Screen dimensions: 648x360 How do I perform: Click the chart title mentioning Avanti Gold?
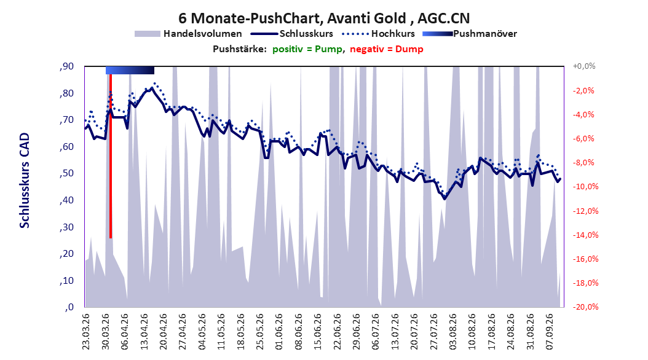(324, 18)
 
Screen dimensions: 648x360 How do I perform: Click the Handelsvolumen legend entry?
(189, 34)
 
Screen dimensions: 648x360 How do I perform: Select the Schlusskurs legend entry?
(292, 34)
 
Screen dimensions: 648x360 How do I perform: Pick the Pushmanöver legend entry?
(470, 34)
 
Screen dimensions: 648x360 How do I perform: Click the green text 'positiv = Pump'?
(307, 49)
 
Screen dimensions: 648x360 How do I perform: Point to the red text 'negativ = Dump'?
(387, 49)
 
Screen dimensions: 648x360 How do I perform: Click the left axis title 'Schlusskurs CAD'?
(25, 181)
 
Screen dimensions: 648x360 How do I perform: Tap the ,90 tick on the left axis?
(66, 66)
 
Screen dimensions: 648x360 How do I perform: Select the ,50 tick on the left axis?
(66, 173)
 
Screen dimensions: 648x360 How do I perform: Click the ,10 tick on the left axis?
(66, 281)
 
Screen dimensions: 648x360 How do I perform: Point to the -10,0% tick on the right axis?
(585, 187)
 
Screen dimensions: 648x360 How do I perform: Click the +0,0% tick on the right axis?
(584, 66)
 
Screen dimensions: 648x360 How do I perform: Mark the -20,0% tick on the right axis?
(585, 307)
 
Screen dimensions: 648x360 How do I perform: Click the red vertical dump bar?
(111, 156)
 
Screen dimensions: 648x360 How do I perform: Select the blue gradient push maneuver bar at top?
(130, 70)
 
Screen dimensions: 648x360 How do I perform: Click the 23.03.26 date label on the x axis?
(85, 332)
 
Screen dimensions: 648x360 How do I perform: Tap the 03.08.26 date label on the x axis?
(453, 332)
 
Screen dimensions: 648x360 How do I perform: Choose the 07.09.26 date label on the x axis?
(550, 332)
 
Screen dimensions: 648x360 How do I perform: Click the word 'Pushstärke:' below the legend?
(240, 49)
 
